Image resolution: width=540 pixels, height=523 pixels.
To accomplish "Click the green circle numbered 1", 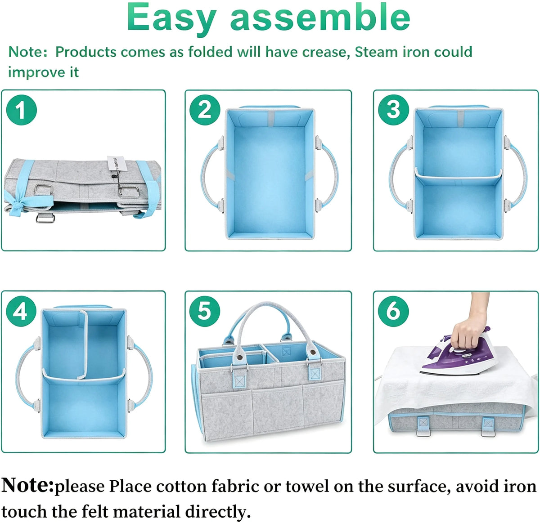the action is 21,110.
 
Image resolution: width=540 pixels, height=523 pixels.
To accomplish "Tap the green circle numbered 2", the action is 205,110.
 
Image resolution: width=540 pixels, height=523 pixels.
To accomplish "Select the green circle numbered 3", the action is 393,110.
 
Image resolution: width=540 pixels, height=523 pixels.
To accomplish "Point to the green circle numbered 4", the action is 21,311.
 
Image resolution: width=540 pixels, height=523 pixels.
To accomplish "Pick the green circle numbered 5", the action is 205,311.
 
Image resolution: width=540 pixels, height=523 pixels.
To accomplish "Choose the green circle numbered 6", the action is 393,311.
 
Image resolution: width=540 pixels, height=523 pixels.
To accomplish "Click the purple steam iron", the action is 458,353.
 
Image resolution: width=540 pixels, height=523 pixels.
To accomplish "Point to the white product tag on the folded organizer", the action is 117,164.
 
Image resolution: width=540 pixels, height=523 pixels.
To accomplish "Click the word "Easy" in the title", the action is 171,17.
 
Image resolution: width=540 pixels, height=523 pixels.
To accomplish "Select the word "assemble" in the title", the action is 320,17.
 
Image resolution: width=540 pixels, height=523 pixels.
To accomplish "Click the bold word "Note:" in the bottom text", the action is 27,485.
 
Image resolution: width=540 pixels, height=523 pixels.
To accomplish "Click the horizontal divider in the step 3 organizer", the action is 458,176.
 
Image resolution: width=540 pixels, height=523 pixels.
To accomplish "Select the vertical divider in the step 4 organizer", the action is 83,344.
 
